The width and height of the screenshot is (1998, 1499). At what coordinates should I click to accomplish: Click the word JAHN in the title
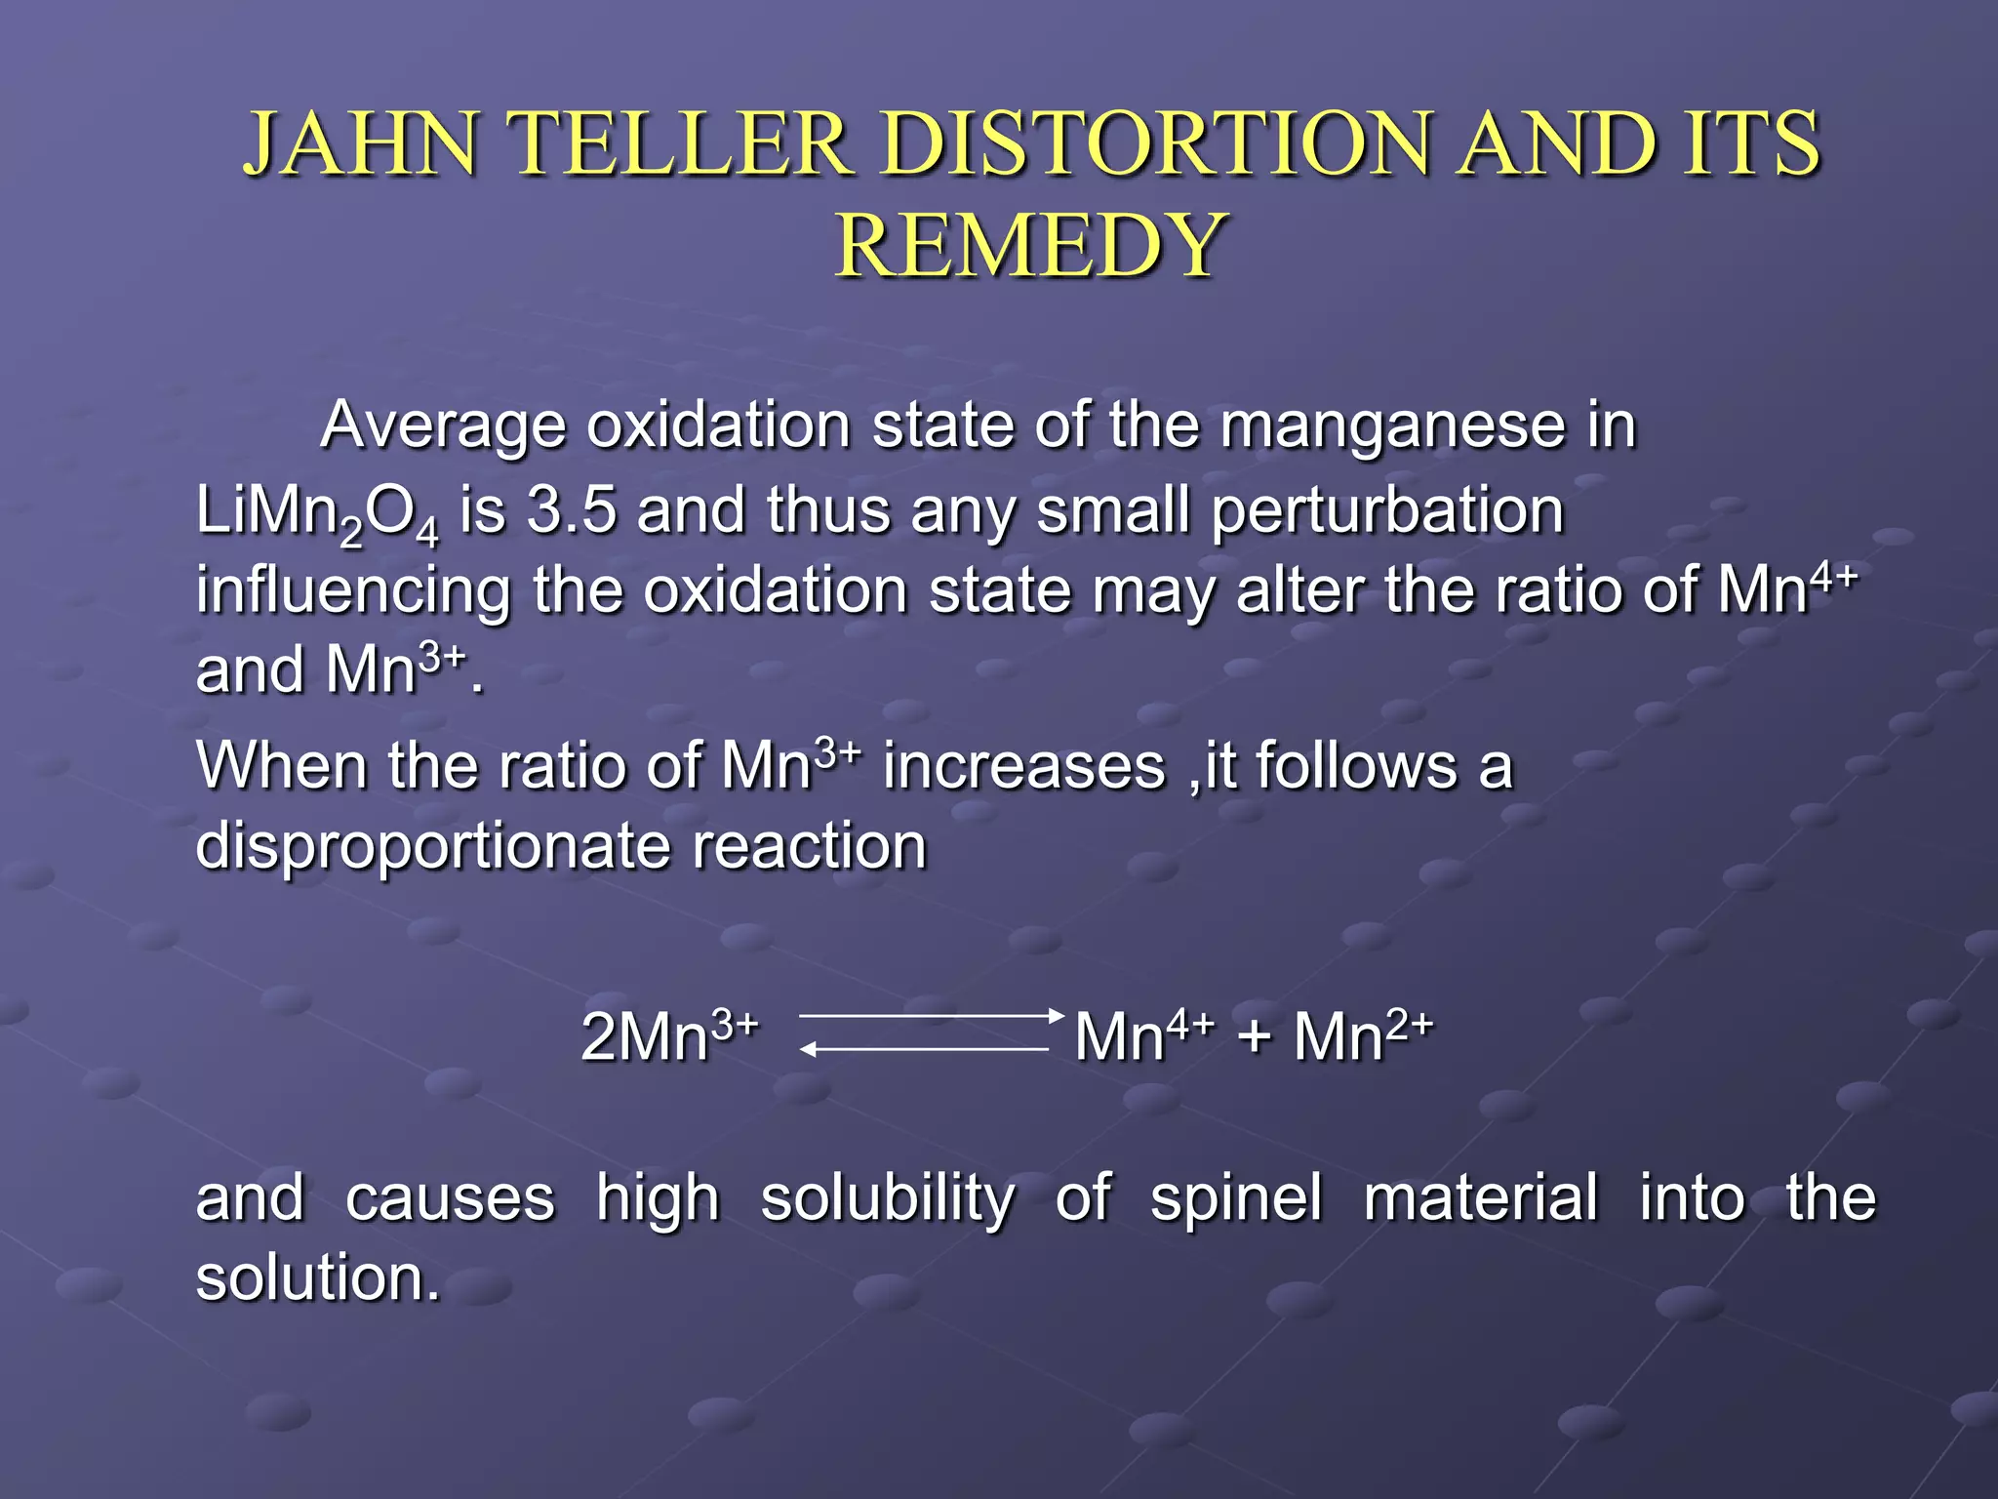click(x=361, y=144)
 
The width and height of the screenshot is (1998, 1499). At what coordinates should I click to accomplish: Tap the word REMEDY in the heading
click(x=1030, y=246)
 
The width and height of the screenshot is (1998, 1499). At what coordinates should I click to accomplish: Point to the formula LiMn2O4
click(x=317, y=512)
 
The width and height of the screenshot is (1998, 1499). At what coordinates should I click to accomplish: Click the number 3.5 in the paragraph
click(x=572, y=510)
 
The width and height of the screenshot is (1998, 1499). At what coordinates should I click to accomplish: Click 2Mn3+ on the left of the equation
click(x=669, y=1036)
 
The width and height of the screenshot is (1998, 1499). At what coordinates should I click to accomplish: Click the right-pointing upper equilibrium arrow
click(x=932, y=1016)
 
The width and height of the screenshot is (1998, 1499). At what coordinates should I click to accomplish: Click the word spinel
click(x=1236, y=1198)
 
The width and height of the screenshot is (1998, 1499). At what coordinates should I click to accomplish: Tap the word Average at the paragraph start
click(x=443, y=426)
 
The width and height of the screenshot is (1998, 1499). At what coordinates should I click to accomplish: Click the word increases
click(x=1024, y=766)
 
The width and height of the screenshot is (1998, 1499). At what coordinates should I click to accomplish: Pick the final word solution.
click(x=318, y=1278)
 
